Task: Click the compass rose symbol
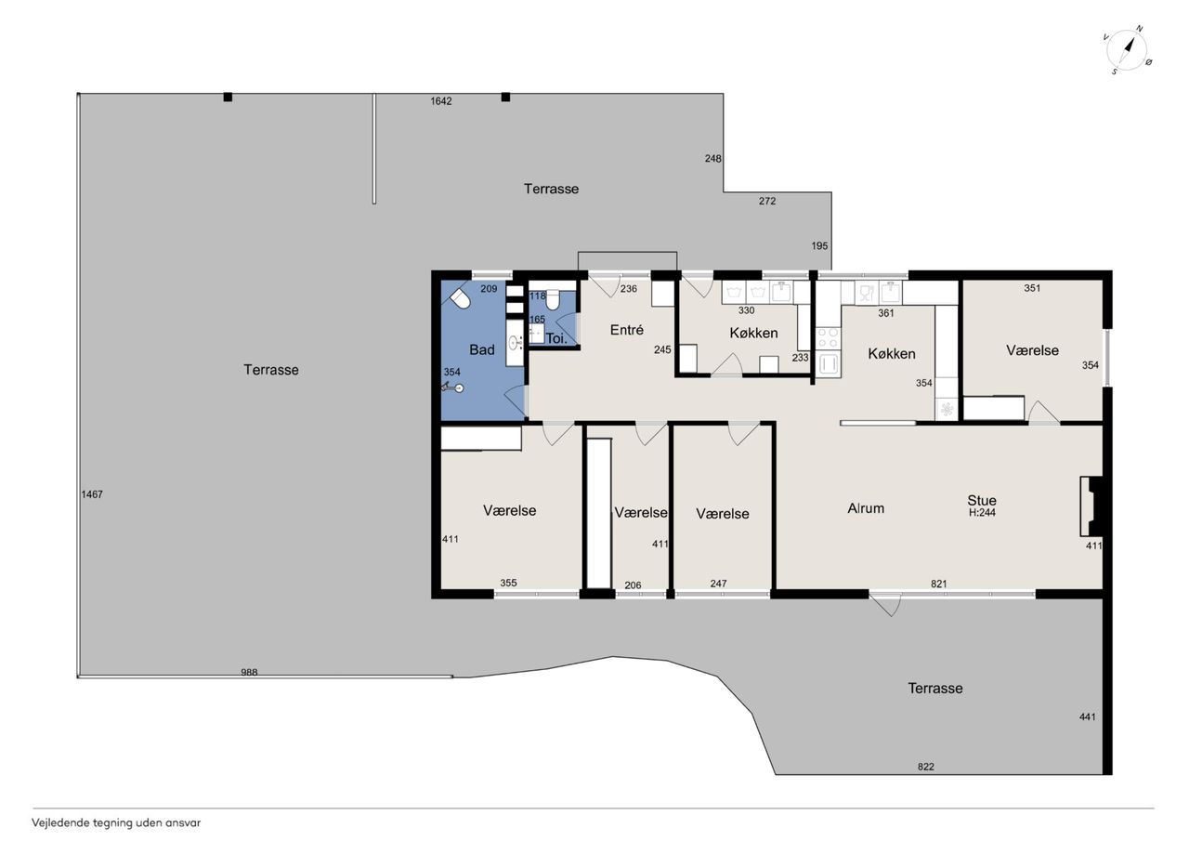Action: [1128, 50]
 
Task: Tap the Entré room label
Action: [626, 330]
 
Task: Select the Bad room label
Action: [482, 349]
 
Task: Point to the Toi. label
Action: [556, 338]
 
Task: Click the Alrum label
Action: [866, 508]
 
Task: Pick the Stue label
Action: [982, 500]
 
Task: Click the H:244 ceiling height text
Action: [982, 513]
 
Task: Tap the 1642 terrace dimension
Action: [441, 101]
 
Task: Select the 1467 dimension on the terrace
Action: [92, 494]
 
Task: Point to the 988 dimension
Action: [249, 672]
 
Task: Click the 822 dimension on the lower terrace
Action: [926, 767]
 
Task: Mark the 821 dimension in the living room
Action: [939, 584]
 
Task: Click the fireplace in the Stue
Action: [1092, 506]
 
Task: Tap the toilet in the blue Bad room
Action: [460, 299]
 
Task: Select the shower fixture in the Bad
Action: [452, 388]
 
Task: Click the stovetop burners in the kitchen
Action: [828, 338]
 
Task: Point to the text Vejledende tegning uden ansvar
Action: [116, 823]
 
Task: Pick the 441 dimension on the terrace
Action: [1088, 716]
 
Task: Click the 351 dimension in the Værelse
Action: [1032, 288]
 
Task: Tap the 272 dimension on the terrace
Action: [767, 201]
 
